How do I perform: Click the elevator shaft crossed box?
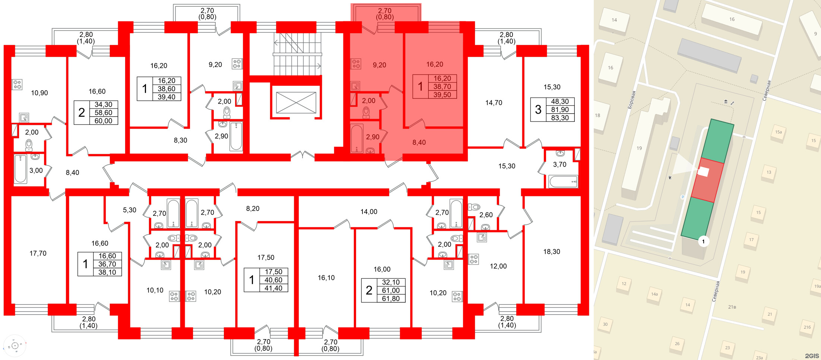(296, 102)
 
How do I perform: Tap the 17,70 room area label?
(38, 253)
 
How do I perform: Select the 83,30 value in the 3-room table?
(560, 118)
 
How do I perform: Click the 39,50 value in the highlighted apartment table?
(442, 95)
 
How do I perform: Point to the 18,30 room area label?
(551, 252)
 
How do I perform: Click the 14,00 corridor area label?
(369, 212)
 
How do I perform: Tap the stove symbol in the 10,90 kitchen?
(17, 84)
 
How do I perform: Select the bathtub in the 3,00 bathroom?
(20, 169)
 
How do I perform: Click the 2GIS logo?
(812, 356)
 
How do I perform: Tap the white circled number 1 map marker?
(703, 241)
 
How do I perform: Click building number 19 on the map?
(639, 148)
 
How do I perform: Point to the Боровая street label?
(631, 100)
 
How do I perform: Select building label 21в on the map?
(732, 307)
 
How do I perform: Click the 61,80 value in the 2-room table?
(390, 299)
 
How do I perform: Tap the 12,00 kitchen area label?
(498, 266)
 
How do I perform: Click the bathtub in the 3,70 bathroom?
(563, 182)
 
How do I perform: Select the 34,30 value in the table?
(103, 105)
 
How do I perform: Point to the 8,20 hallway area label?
(253, 209)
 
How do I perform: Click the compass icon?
(15, 346)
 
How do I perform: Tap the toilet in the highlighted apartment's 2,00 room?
(366, 112)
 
